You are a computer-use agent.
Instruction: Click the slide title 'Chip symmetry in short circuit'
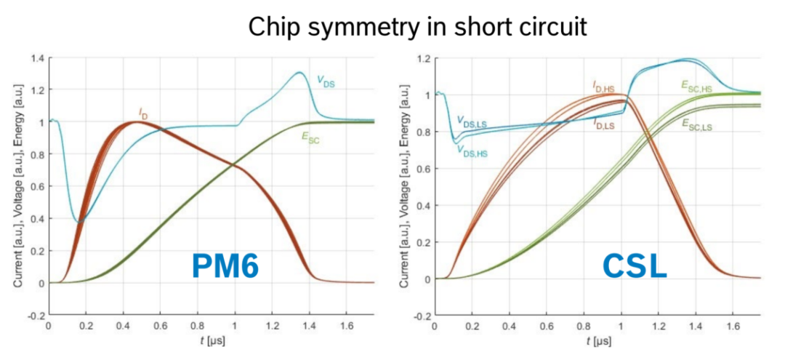(392, 27)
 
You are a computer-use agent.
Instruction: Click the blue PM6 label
(225, 267)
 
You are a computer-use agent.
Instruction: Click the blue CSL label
(634, 267)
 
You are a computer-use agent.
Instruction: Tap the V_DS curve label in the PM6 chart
(325, 82)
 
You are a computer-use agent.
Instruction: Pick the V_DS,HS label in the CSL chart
(472, 150)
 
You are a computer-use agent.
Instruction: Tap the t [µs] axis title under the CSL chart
(600, 341)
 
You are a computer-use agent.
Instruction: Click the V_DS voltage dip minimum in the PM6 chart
(80, 220)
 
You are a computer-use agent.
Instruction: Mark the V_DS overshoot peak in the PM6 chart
(299, 73)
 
